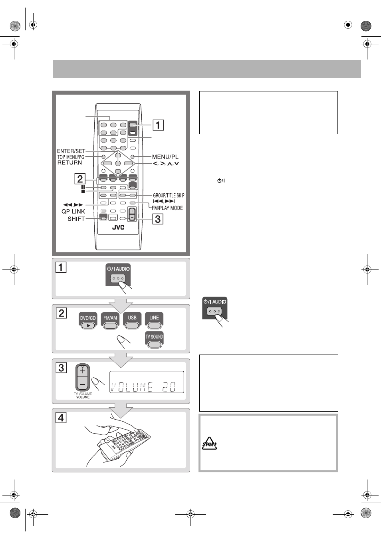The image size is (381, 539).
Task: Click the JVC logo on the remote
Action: pyautogui.click(x=118, y=228)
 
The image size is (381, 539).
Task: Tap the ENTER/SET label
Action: pyautogui.click(x=71, y=151)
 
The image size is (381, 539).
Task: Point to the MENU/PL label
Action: pyautogui.click(x=165, y=157)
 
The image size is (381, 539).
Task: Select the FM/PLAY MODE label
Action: pyautogui.click(x=167, y=208)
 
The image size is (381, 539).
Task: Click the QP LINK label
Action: pyautogui.click(x=73, y=211)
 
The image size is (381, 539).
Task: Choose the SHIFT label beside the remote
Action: pyautogui.click(x=76, y=219)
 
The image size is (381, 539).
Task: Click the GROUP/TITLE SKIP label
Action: pyautogui.click(x=169, y=195)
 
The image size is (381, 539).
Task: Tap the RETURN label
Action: pyautogui.click(x=69, y=162)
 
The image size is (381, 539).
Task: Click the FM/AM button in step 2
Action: pyautogui.click(x=110, y=321)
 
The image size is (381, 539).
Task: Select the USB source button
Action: pyautogui.click(x=132, y=321)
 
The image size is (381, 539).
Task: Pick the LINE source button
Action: pyautogui.click(x=154, y=321)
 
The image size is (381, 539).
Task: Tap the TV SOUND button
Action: pyautogui.click(x=154, y=340)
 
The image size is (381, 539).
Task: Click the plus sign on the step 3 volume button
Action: pyautogui.click(x=83, y=371)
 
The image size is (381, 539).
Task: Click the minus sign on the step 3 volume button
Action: pyautogui.click(x=83, y=384)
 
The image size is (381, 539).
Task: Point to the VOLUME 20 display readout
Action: pyautogui.click(x=143, y=387)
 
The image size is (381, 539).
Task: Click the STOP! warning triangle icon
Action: pyautogui.click(x=209, y=443)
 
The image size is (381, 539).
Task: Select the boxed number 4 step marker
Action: pyautogui.click(x=61, y=418)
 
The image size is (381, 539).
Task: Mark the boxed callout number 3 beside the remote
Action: pyautogui.click(x=158, y=219)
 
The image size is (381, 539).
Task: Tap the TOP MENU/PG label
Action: pyautogui.click(x=71, y=157)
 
